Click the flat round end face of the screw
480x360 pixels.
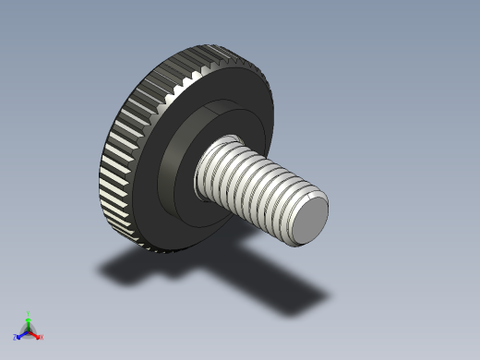(308, 222)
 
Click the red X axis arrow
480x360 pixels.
(36, 334)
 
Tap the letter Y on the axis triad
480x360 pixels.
(29, 314)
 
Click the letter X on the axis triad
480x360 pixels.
(42, 337)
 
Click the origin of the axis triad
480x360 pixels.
(29, 330)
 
